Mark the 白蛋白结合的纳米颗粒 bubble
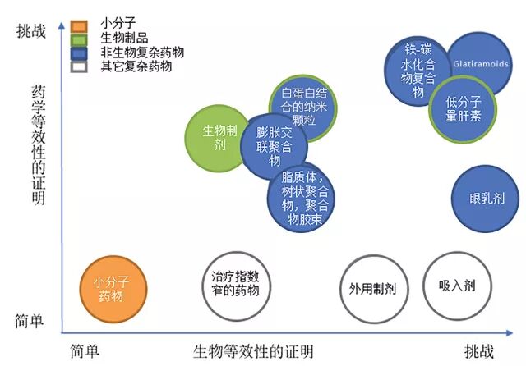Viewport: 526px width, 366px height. [304, 108]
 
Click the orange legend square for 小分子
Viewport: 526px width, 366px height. [79, 24]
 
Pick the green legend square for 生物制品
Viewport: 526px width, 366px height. [79, 38]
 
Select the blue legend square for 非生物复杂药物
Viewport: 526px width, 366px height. [79, 53]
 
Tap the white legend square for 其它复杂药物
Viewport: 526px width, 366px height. [79, 66]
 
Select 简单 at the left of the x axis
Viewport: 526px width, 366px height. [85, 352]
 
